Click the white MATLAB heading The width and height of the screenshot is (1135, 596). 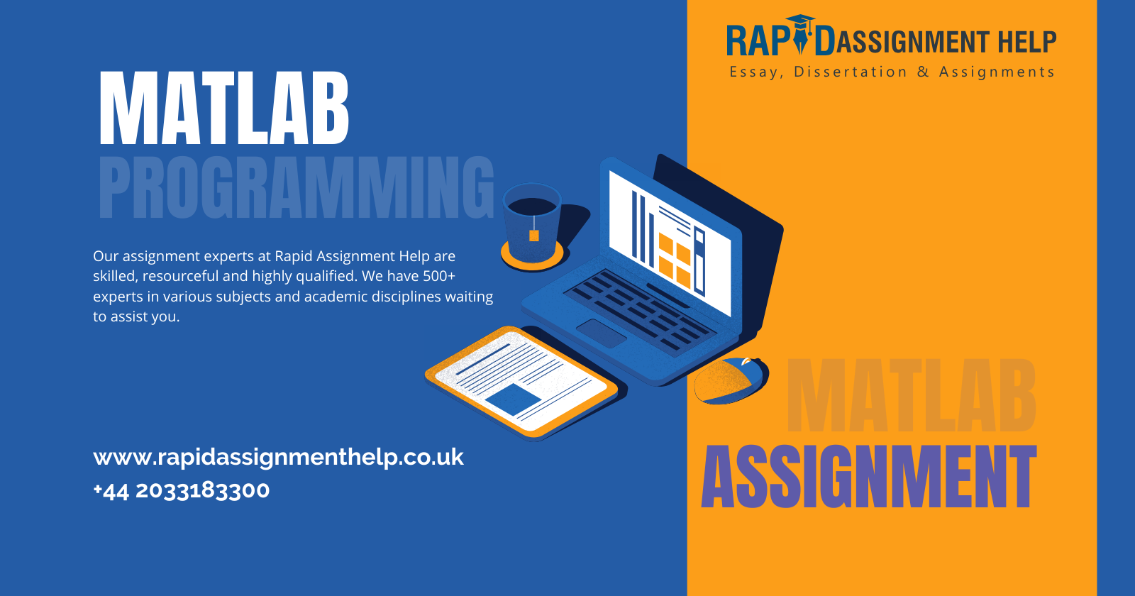[x=224, y=108]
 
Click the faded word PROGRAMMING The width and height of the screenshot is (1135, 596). [x=297, y=187]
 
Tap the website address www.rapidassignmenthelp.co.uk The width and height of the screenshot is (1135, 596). [x=278, y=458]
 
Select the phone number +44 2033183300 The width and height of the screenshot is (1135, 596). [x=182, y=490]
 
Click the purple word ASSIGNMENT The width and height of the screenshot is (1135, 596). [x=868, y=476]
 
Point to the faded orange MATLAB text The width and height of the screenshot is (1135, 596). [x=911, y=395]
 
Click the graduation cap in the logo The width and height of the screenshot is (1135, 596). [x=801, y=23]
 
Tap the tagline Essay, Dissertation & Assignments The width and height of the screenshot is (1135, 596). [x=892, y=72]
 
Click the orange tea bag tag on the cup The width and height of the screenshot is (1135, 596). [x=534, y=235]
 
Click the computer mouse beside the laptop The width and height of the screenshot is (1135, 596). [x=731, y=380]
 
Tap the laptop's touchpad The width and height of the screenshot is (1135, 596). [x=602, y=333]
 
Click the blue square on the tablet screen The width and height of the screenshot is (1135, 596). [x=514, y=399]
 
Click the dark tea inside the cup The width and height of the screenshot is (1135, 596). [x=532, y=206]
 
